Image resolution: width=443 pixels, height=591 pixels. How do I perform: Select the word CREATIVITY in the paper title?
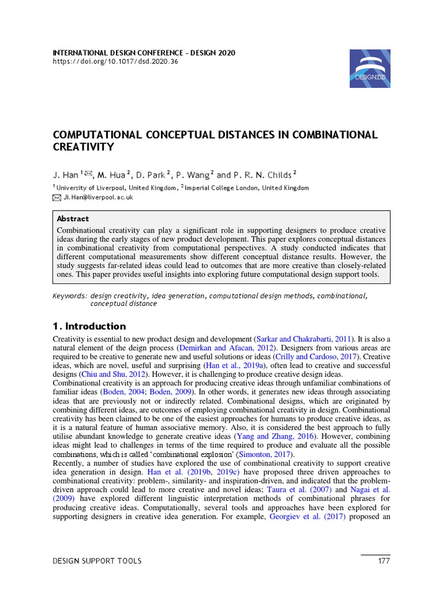(84, 147)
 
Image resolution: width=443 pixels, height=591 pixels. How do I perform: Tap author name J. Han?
(65, 174)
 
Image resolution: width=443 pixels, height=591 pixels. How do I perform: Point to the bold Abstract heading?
(73, 219)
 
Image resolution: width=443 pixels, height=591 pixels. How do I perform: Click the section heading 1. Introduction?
(89, 326)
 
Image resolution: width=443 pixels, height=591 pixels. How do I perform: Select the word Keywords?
(69, 295)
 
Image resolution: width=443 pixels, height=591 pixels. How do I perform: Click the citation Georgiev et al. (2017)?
(307, 517)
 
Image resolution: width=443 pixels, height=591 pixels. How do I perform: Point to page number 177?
(383, 561)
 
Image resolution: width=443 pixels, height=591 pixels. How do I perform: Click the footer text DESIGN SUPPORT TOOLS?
(97, 561)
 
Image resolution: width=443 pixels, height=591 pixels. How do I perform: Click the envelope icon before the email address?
(57, 197)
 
